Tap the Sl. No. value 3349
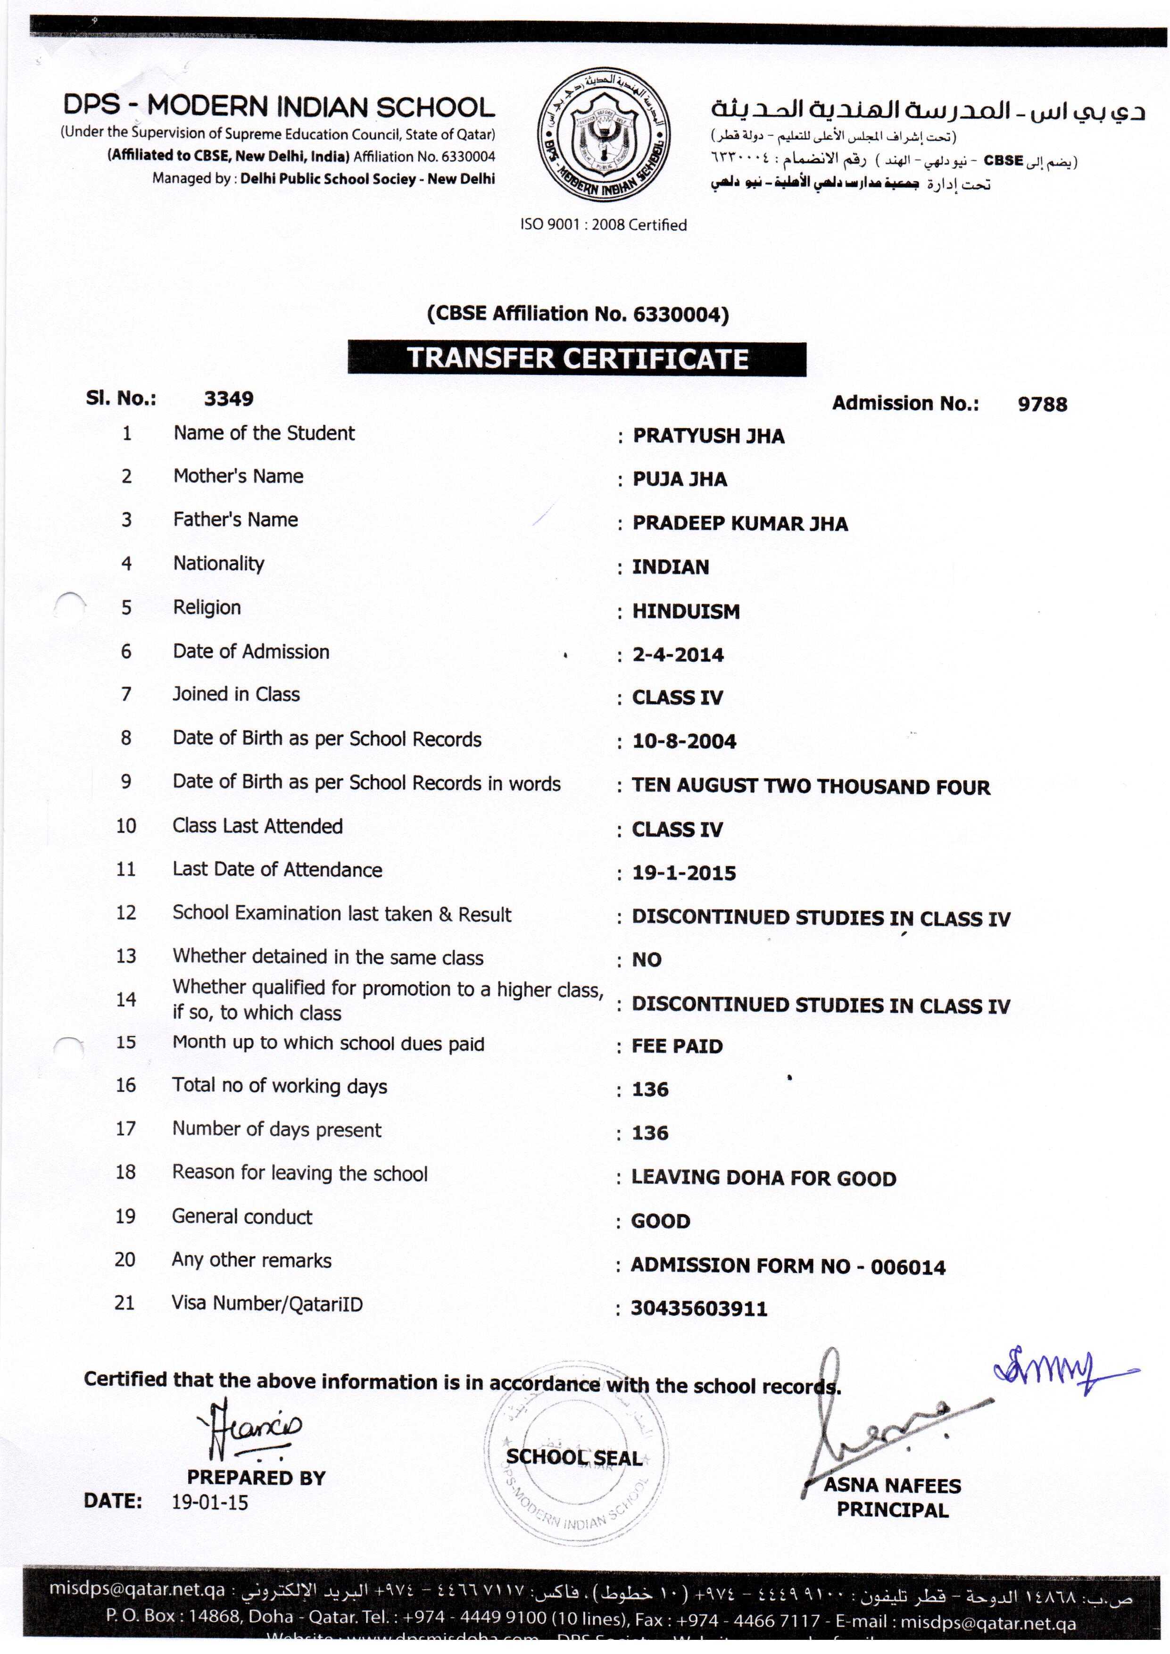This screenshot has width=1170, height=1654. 228,399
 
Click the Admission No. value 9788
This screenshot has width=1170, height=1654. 1042,404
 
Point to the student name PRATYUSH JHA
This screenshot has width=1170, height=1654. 708,436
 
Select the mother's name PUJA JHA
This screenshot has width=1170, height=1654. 680,480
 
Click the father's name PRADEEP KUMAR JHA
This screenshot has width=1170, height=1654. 740,524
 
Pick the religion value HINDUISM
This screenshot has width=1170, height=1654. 686,612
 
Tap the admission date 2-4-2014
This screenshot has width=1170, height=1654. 678,655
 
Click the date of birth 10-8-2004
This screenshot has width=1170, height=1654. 684,741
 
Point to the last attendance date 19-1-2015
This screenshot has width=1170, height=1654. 684,873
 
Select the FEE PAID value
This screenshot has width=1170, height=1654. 677,1046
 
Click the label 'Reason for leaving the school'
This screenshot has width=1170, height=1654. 300,1173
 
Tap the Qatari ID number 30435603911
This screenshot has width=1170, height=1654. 699,1308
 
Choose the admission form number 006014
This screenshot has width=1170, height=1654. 908,1266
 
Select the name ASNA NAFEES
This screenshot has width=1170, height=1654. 892,1486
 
